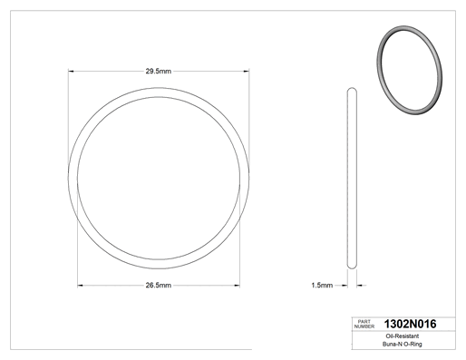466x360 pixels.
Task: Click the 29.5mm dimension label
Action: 159,72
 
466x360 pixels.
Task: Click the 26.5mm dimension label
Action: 159,286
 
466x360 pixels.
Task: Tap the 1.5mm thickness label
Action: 322,286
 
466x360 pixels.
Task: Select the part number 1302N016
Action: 410,324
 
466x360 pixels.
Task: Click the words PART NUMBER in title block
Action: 364,324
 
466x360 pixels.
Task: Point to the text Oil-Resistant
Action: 403,336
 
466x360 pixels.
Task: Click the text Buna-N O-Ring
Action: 403,344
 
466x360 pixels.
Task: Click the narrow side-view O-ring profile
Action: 352,179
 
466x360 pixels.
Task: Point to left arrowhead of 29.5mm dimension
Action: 71,72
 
